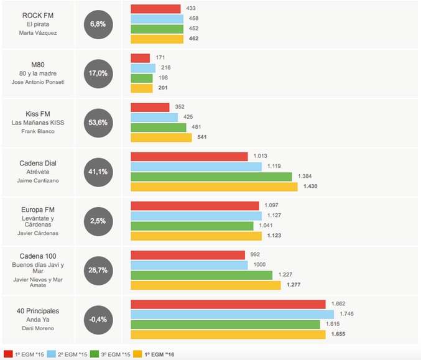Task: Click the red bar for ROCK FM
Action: (x=155, y=9)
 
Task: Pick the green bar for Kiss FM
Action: (x=158, y=127)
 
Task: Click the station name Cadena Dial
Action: (x=39, y=163)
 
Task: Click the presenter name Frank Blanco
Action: (x=39, y=131)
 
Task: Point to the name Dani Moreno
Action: (x=39, y=328)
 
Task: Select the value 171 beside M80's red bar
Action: (x=160, y=58)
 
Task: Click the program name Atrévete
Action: (x=39, y=172)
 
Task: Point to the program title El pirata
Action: (x=39, y=24)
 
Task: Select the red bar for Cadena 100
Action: (x=188, y=255)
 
